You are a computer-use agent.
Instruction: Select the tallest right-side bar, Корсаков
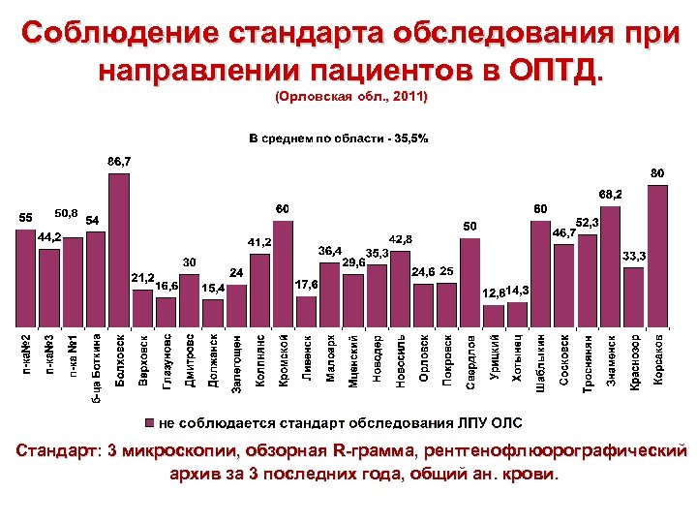[657, 257]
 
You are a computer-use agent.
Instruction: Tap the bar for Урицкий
[494, 316]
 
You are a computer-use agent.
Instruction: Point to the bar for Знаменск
[611, 271]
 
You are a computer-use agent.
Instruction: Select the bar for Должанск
[213, 313]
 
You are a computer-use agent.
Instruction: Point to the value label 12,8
[494, 292]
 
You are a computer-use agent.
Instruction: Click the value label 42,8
[401, 238]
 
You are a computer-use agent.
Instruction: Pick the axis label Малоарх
[330, 359]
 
